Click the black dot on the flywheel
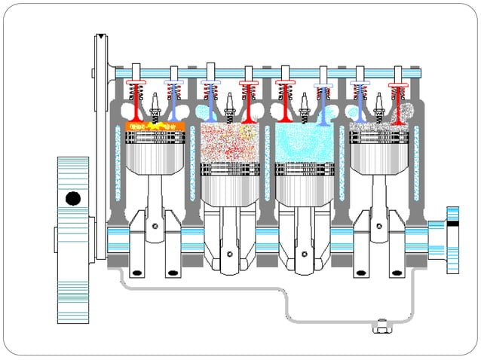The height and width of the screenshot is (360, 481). [73, 199]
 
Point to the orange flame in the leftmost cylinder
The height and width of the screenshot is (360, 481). [155, 125]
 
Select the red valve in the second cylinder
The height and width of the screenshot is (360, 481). [247, 102]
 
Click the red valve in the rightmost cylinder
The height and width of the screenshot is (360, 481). [396, 101]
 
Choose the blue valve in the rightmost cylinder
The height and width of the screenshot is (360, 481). [360, 102]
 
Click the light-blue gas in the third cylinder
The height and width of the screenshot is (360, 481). [303, 143]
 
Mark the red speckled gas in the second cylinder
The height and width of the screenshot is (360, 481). [229, 143]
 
